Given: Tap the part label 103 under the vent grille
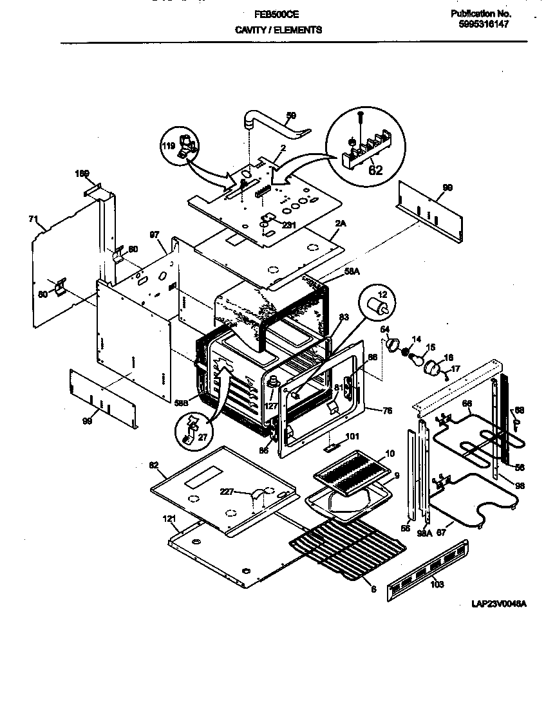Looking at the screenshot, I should (x=437, y=584).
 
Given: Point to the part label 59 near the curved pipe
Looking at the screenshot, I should (x=291, y=116).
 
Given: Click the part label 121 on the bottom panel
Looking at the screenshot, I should (x=169, y=519).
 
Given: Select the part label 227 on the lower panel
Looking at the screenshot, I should (x=244, y=493).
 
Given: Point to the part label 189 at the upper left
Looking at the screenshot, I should (x=82, y=173).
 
